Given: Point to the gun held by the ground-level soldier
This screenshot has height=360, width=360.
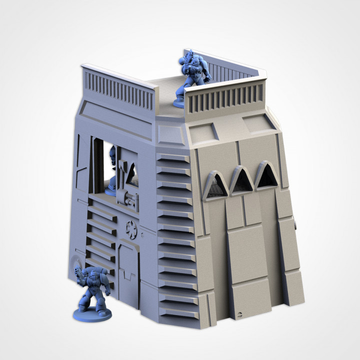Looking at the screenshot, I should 79,272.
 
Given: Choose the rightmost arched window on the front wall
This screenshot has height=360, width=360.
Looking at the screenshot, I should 266,176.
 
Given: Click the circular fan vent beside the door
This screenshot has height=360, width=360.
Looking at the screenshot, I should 131,229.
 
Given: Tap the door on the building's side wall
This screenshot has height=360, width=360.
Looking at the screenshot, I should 128,270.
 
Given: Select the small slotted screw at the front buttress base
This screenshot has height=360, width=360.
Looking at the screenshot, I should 239,315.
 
